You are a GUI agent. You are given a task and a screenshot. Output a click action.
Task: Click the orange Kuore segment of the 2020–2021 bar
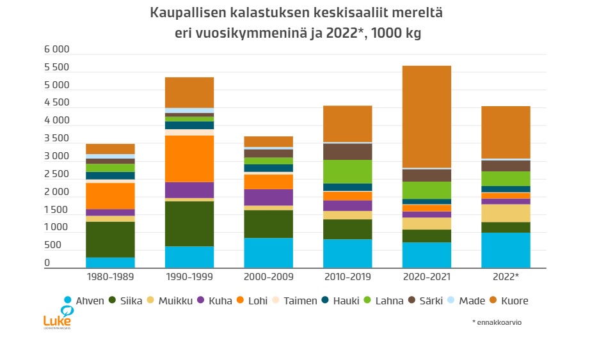pos(427,116)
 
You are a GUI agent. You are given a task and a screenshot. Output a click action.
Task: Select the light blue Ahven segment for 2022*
pos(506,250)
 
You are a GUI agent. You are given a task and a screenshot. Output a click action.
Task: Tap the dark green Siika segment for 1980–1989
pos(110,239)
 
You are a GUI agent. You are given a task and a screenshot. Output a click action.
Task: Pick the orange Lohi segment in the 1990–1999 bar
pos(189,159)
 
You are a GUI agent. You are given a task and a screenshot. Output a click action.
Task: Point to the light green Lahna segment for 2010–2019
pos(347,171)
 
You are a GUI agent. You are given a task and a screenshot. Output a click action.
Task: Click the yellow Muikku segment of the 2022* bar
pos(506,213)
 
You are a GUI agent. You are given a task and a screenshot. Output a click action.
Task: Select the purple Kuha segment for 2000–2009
pos(268,197)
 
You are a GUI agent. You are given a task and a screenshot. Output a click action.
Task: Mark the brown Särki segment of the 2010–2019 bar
pos(347,152)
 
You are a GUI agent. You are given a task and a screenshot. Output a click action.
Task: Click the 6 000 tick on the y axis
pos(56,50)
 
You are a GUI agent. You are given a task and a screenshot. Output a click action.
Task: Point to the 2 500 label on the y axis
pos(56,174)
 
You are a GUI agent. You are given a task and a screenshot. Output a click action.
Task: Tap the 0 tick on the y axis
pos(47,263)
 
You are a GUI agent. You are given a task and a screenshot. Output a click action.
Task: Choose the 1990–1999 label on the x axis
pos(189,277)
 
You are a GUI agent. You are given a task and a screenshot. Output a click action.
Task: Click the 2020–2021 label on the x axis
pos(427,277)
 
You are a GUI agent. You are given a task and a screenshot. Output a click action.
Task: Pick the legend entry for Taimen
pos(296,301)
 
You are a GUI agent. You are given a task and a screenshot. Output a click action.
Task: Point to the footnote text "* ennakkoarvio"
pos(497,322)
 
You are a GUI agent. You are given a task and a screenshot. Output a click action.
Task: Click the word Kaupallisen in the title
pos(187,13)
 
